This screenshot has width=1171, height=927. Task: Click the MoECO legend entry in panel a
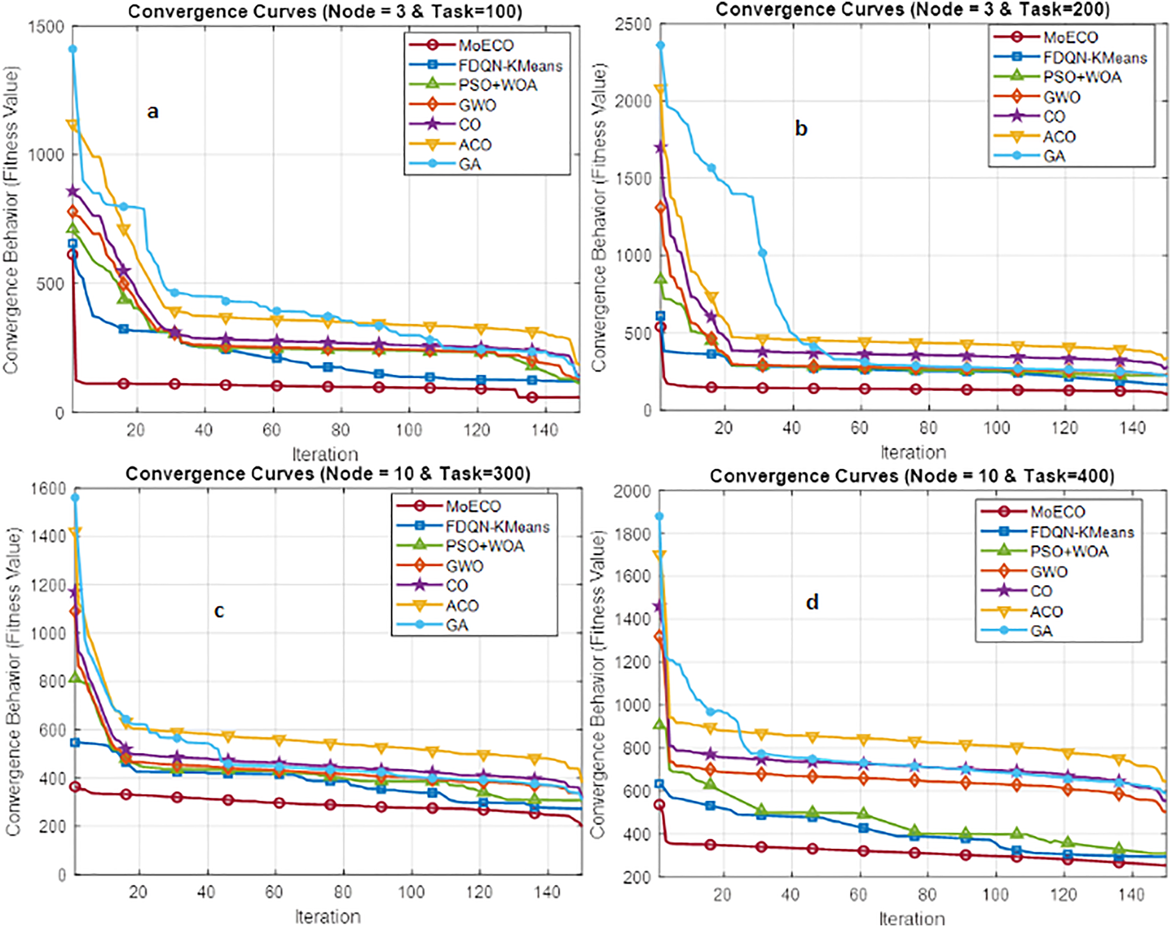coord(486,46)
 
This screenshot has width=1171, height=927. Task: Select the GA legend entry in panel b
coord(1054,156)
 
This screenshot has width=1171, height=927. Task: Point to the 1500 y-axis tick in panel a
coord(46,27)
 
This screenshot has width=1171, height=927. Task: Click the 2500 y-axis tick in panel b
coord(633,25)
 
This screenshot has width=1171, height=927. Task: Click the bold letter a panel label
coord(153,112)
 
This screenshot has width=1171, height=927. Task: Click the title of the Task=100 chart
coord(325,10)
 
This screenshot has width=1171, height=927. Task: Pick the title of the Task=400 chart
coord(912,476)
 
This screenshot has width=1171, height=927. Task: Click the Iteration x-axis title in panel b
coord(913,452)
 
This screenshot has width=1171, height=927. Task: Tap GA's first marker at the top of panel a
coord(72,49)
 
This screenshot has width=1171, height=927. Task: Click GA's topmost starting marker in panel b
coord(660,46)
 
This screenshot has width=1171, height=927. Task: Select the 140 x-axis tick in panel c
coord(546,892)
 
